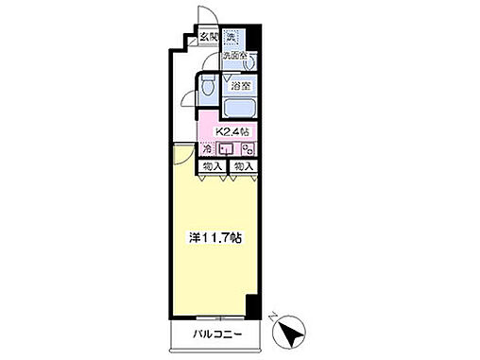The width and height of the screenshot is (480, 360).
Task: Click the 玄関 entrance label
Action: (207, 38)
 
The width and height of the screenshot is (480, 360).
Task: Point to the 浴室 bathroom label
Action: (241, 86)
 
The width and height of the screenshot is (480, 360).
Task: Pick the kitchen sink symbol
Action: (227, 149)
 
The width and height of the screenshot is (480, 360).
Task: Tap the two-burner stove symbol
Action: (247, 149)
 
